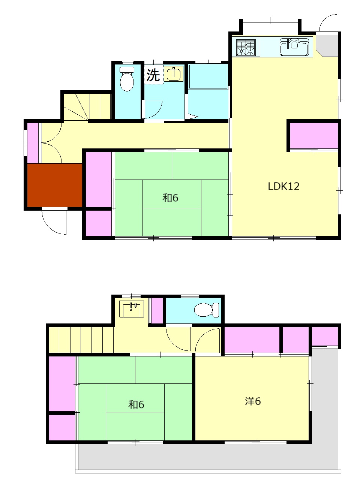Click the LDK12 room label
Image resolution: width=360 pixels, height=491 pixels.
click(x=283, y=186)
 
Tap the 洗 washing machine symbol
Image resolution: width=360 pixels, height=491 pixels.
click(x=153, y=75)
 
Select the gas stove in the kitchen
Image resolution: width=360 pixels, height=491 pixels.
click(x=246, y=47)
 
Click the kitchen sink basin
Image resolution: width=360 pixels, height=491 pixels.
click(x=294, y=47)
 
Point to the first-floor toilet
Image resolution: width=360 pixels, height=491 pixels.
click(x=127, y=79)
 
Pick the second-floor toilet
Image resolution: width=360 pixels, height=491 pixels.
click(x=206, y=310)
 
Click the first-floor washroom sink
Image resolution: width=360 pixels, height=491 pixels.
click(x=174, y=73)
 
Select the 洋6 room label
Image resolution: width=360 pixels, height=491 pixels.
click(x=253, y=401)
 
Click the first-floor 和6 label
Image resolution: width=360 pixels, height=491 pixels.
click(x=170, y=198)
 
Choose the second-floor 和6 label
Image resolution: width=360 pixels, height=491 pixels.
click(x=136, y=404)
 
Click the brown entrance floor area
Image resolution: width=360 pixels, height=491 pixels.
click(x=55, y=185)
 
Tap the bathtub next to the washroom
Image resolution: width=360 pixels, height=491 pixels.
click(x=208, y=76)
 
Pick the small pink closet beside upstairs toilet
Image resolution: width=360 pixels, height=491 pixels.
click(x=157, y=310)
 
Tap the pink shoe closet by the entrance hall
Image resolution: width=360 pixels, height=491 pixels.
click(x=33, y=143)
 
